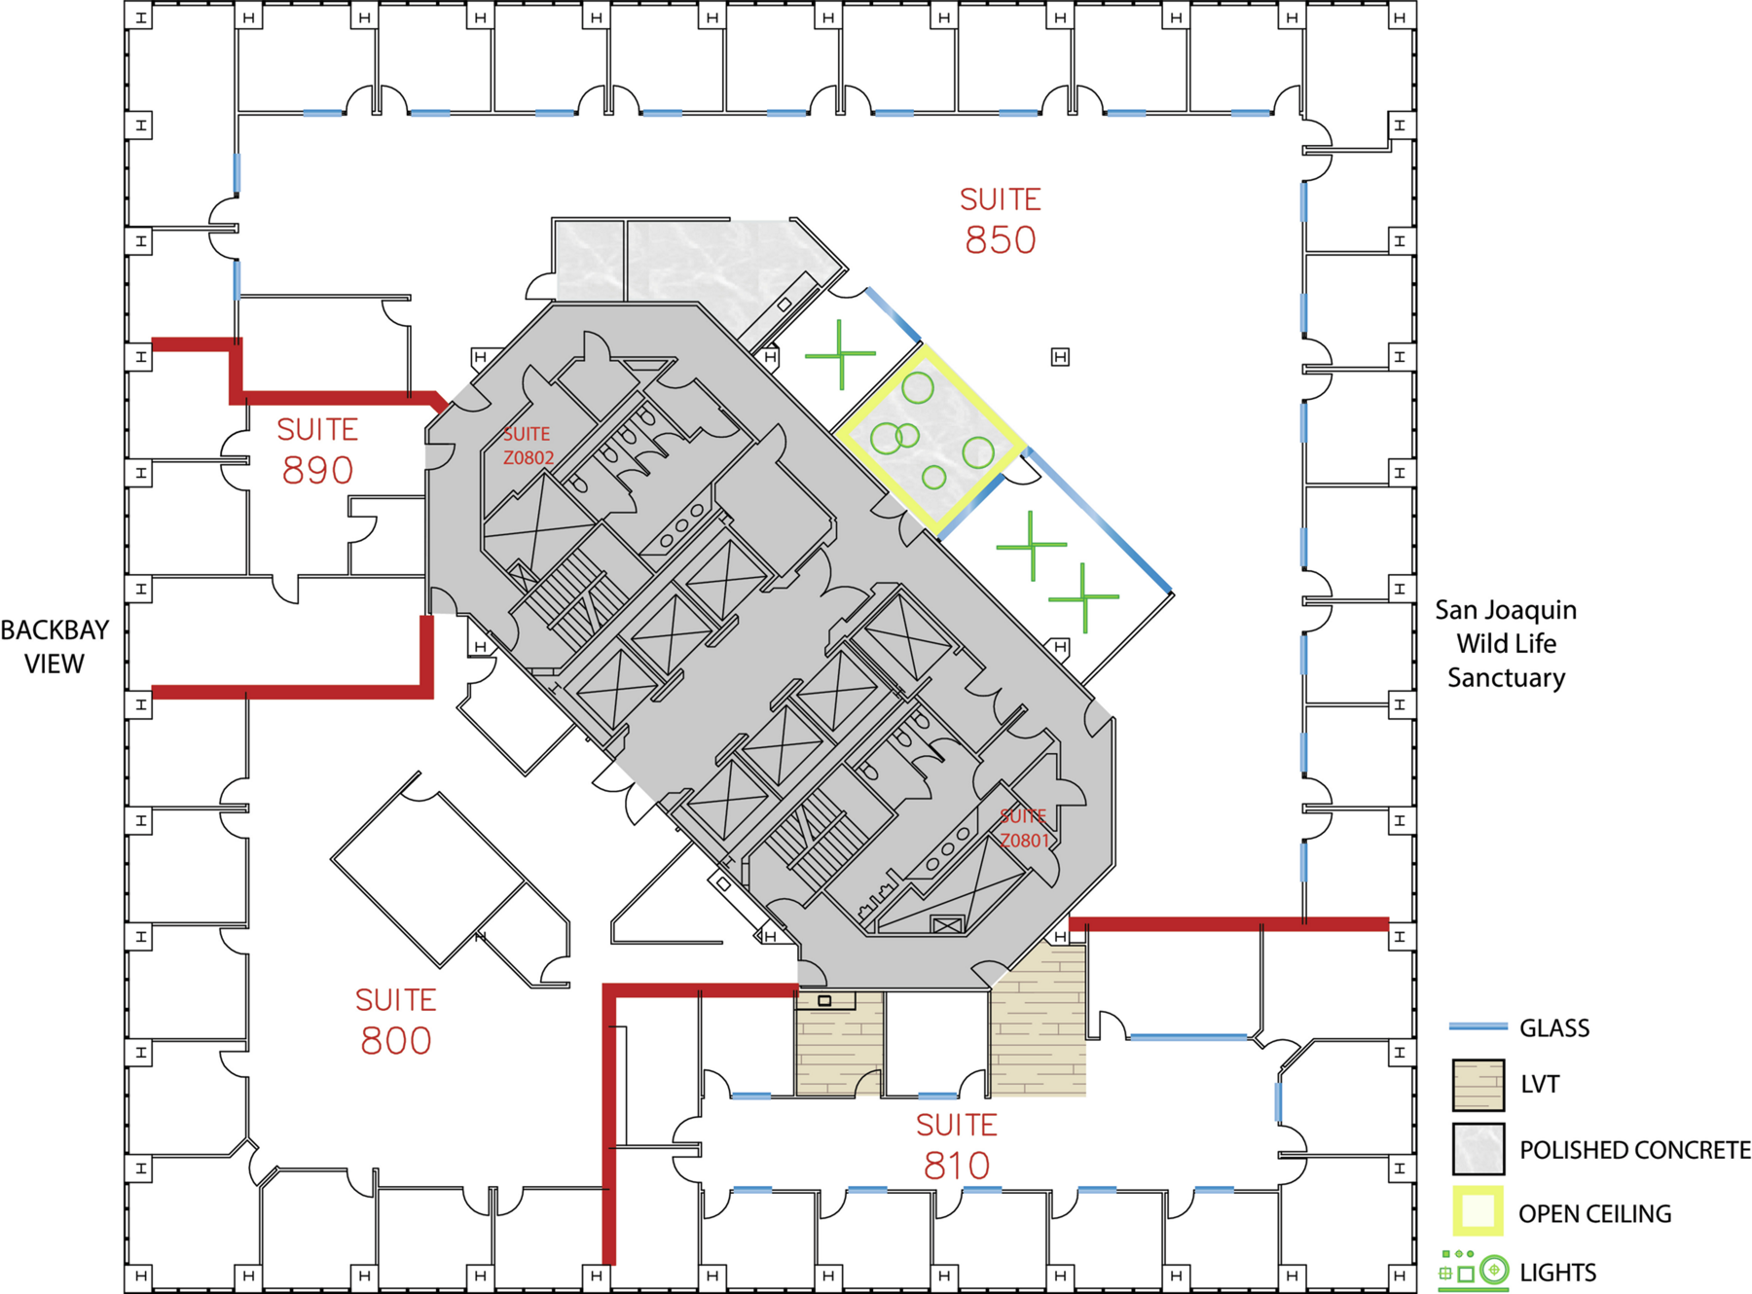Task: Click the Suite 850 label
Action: pyautogui.click(x=1001, y=221)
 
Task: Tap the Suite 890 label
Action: pyautogui.click(x=317, y=451)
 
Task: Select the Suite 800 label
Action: pyautogui.click(x=395, y=1022)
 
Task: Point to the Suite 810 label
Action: pyautogui.click(x=957, y=1146)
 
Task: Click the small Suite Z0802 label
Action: pyautogui.click(x=528, y=446)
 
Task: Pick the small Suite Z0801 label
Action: pyautogui.click(x=1024, y=828)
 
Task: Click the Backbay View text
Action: pyautogui.click(x=55, y=647)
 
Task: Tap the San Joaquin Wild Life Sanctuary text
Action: pyautogui.click(x=1506, y=644)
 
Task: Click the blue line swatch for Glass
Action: pyautogui.click(x=1478, y=1026)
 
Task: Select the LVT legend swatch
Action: pyautogui.click(x=1478, y=1085)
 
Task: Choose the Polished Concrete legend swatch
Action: pyautogui.click(x=1478, y=1149)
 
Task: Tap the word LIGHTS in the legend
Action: pyautogui.click(x=1557, y=1273)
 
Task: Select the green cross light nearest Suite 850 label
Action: pyautogui.click(x=840, y=355)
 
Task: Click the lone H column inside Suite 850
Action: pyautogui.click(x=1060, y=357)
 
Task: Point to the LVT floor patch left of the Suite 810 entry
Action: pyautogui.click(x=840, y=1043)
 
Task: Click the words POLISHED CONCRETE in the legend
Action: pyautogui.click(x=1635, y=1150)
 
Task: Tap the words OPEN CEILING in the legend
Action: pyautogui.click(x=1595, y=1214)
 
